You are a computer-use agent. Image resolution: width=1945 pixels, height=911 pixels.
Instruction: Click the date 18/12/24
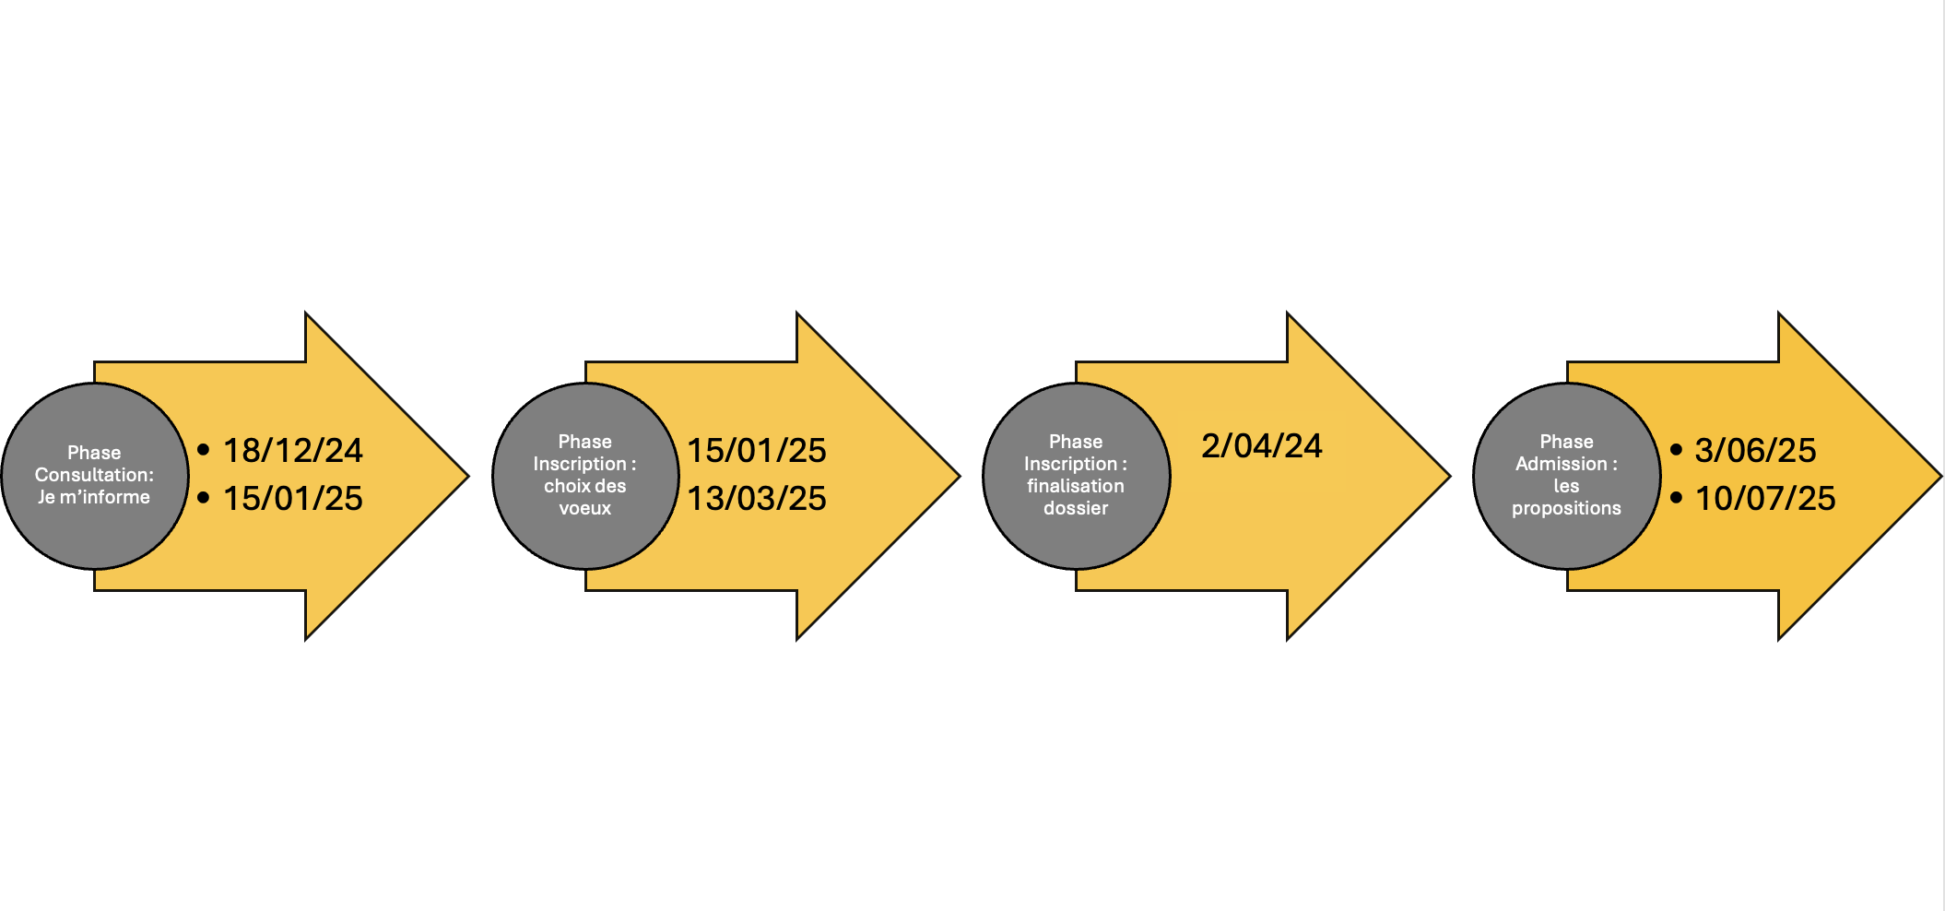click(293, 450)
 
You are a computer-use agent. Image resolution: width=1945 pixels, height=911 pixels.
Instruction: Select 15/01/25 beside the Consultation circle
click(293, 498)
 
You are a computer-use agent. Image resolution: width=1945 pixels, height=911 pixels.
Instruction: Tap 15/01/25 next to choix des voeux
click(757, 450)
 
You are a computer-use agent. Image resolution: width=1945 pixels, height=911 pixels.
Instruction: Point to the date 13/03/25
click(757, 498)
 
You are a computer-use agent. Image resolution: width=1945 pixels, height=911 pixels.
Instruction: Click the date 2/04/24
click(1262, 445)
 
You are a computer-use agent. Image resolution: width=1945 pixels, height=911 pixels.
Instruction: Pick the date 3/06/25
click(1755, 450)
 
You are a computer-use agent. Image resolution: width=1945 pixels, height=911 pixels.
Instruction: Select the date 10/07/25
click(1765, 498)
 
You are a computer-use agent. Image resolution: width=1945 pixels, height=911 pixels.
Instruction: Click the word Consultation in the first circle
click(91, 475)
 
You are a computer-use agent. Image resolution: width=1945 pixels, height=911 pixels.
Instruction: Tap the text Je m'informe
click(94, 497)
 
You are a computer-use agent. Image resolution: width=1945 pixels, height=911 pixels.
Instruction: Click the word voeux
click(585, 508)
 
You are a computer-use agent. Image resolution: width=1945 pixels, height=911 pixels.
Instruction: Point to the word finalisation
click(1076, 486)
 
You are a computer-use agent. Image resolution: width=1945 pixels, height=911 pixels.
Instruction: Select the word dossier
click(1076, 508)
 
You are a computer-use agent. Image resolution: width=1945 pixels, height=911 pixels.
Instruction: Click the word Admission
click(1561, 464)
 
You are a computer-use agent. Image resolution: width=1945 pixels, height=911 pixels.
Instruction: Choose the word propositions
click(1566, 509)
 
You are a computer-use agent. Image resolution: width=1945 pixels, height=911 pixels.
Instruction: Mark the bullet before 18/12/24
click(204, 450)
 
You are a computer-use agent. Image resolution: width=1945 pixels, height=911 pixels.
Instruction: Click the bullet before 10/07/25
click(1676, 498)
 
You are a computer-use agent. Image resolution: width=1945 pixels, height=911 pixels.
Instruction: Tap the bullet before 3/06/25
click(1676, 450)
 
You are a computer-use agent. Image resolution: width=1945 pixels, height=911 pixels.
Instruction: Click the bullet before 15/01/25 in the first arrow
click(204, 498)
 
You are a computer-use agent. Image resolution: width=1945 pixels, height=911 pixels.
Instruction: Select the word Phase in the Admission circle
click(1566, 442)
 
